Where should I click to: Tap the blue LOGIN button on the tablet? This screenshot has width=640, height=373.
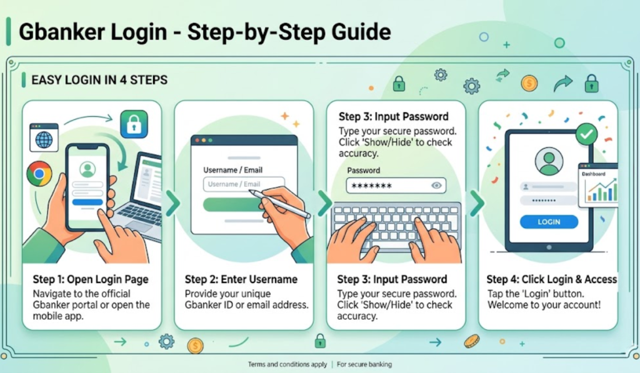tap(549, 222)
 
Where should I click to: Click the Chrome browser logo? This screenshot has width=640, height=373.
tap(39, 174)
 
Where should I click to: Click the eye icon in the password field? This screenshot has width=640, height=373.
tap(436, 186)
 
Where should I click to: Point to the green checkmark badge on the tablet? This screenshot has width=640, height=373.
tap(586, 134)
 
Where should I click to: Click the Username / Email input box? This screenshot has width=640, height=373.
tap(244, 184)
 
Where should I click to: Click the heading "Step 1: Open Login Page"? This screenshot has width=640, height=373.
tap(91, 279)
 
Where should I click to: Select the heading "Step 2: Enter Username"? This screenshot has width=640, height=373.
tap(241, 279)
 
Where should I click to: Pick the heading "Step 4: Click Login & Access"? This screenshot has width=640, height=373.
tap(551, 279)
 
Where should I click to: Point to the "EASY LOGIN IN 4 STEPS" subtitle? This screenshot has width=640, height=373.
tap(99, 79)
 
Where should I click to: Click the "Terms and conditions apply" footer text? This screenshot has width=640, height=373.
tap(287, 364)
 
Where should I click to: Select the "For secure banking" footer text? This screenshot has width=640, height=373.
tap(364, 364)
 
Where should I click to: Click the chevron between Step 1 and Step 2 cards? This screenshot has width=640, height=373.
tap(173, 202)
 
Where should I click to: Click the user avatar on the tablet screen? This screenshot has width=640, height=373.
tap(549, 161)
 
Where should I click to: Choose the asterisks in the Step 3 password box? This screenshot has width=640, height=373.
tap(371, 186)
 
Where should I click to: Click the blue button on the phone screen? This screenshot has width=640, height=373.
tap(87, 202)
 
